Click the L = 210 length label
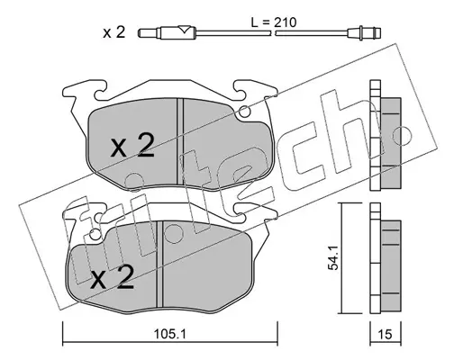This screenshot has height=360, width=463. click(273, 22)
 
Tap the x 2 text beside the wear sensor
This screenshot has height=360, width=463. click(113, 32)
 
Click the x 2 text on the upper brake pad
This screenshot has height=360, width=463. click(132, 146)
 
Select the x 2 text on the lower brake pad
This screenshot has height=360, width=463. click(112, 277)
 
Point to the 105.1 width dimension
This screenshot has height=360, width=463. click(169, 334)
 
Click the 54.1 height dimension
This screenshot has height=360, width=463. click(333, 258)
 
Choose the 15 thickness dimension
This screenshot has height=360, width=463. click(386, 334)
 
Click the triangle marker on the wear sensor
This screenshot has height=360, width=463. click(183, 30)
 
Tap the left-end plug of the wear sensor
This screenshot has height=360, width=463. click(149, 32)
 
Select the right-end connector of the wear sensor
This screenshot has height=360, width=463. click(365, 32)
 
